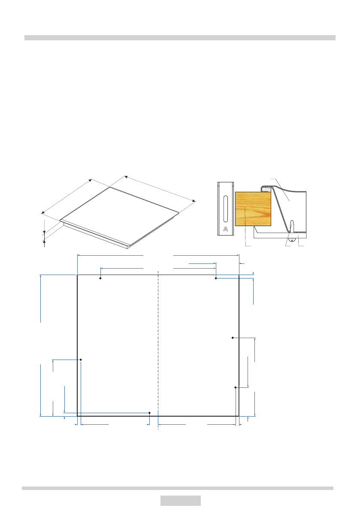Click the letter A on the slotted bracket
click(x=225, y=229)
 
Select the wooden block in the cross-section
click(x=253, y=209)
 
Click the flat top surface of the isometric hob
click(x=120, y=215)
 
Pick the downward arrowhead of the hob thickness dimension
click(x=44, y=232)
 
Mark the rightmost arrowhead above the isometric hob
click(x=194, y=201)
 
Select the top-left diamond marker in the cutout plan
click(x=100, y=278)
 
